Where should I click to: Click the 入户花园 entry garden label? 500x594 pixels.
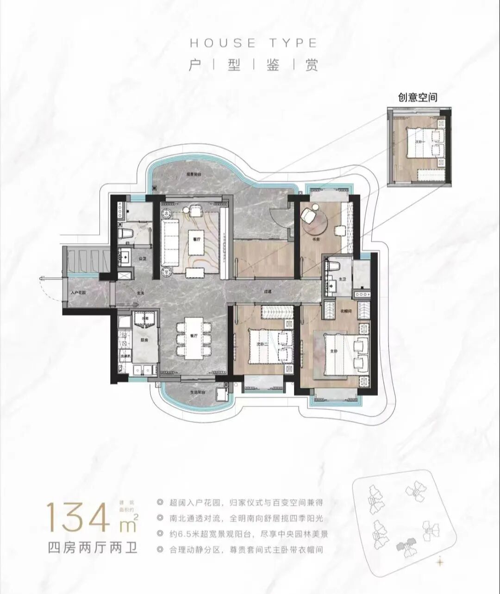coord(79,293)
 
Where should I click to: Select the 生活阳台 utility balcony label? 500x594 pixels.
coord(197,391)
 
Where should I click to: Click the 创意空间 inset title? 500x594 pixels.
coord(418,97)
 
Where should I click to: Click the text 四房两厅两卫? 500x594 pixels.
coord(93,549)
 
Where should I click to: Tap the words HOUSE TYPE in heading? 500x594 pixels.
coord(253,43)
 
